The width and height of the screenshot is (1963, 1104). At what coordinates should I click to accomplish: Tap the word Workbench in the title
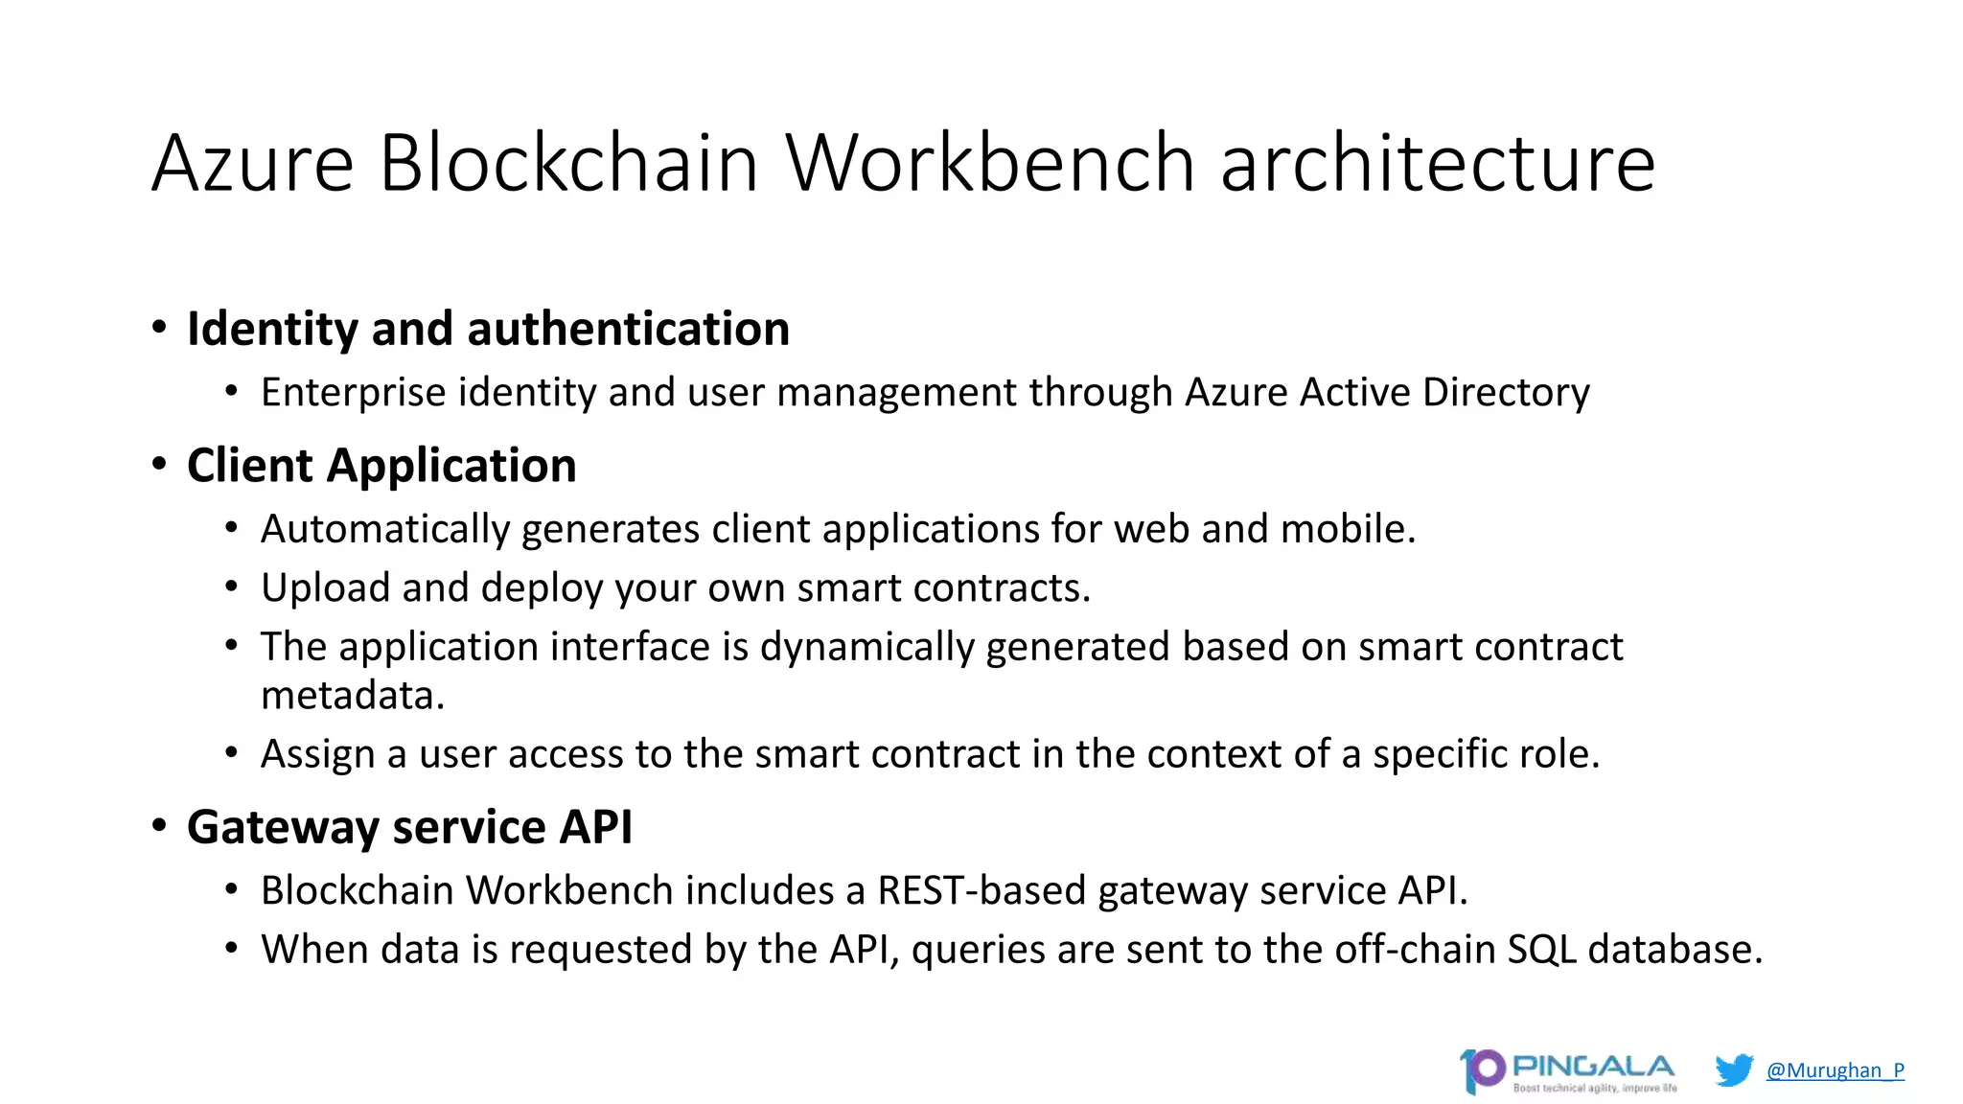pos(990,163)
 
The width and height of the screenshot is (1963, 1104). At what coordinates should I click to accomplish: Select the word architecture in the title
pos(1438,163)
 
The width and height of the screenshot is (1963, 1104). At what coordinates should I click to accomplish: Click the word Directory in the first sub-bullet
pos(1506,392)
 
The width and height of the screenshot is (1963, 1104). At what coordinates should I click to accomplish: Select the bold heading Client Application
pos(381,466)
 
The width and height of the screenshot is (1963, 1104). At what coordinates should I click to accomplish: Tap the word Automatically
pos(385,529)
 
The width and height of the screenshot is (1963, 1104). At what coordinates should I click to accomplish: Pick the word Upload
pos(325,587)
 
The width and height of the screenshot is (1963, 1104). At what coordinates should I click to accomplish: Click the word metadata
pos(352,695)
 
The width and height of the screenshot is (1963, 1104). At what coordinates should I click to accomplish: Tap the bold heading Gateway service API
pos(409,827)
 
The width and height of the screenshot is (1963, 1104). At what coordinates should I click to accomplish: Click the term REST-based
pos(981,890)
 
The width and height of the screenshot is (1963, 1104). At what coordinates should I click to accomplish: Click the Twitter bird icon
pos(1734,1069)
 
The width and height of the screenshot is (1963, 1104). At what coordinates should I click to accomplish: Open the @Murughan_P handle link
pos(1835,1070)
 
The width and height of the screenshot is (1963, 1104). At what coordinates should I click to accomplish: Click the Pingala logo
pos(1568,1071)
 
